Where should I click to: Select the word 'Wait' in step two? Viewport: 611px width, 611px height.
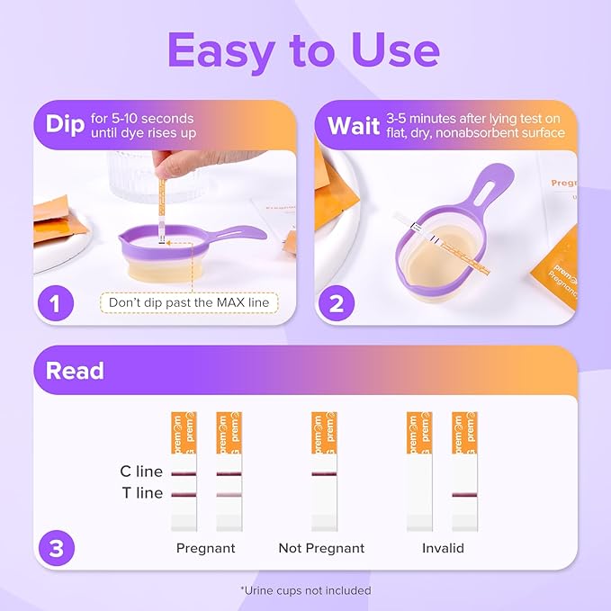[353, 125]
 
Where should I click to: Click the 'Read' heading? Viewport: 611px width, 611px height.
[75, 370]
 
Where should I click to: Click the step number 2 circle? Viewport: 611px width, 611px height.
[337, 302]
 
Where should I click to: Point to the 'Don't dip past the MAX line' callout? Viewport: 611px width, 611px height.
[189, 302]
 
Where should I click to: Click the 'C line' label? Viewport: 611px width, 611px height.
[141, 471]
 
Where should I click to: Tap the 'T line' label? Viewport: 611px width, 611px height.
[141, 493]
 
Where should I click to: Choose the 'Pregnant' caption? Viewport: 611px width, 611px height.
[205, 548]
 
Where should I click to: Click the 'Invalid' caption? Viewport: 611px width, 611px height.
[443, 548]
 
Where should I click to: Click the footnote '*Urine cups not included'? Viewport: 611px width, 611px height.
[305, 590]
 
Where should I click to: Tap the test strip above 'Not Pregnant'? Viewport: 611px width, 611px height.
[324, 472]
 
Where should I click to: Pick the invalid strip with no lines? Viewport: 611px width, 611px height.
[419, 472]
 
